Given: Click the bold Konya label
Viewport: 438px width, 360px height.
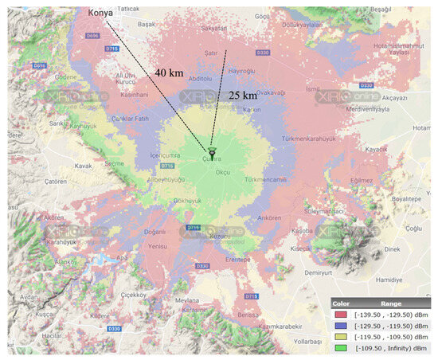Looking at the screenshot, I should pos(99,14).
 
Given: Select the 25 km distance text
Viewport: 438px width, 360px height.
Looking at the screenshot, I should pos(243,96).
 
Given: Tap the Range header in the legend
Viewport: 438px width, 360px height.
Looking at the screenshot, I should pos(391,303).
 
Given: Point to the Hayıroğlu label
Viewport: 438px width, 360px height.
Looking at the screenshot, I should pos(242,71).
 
